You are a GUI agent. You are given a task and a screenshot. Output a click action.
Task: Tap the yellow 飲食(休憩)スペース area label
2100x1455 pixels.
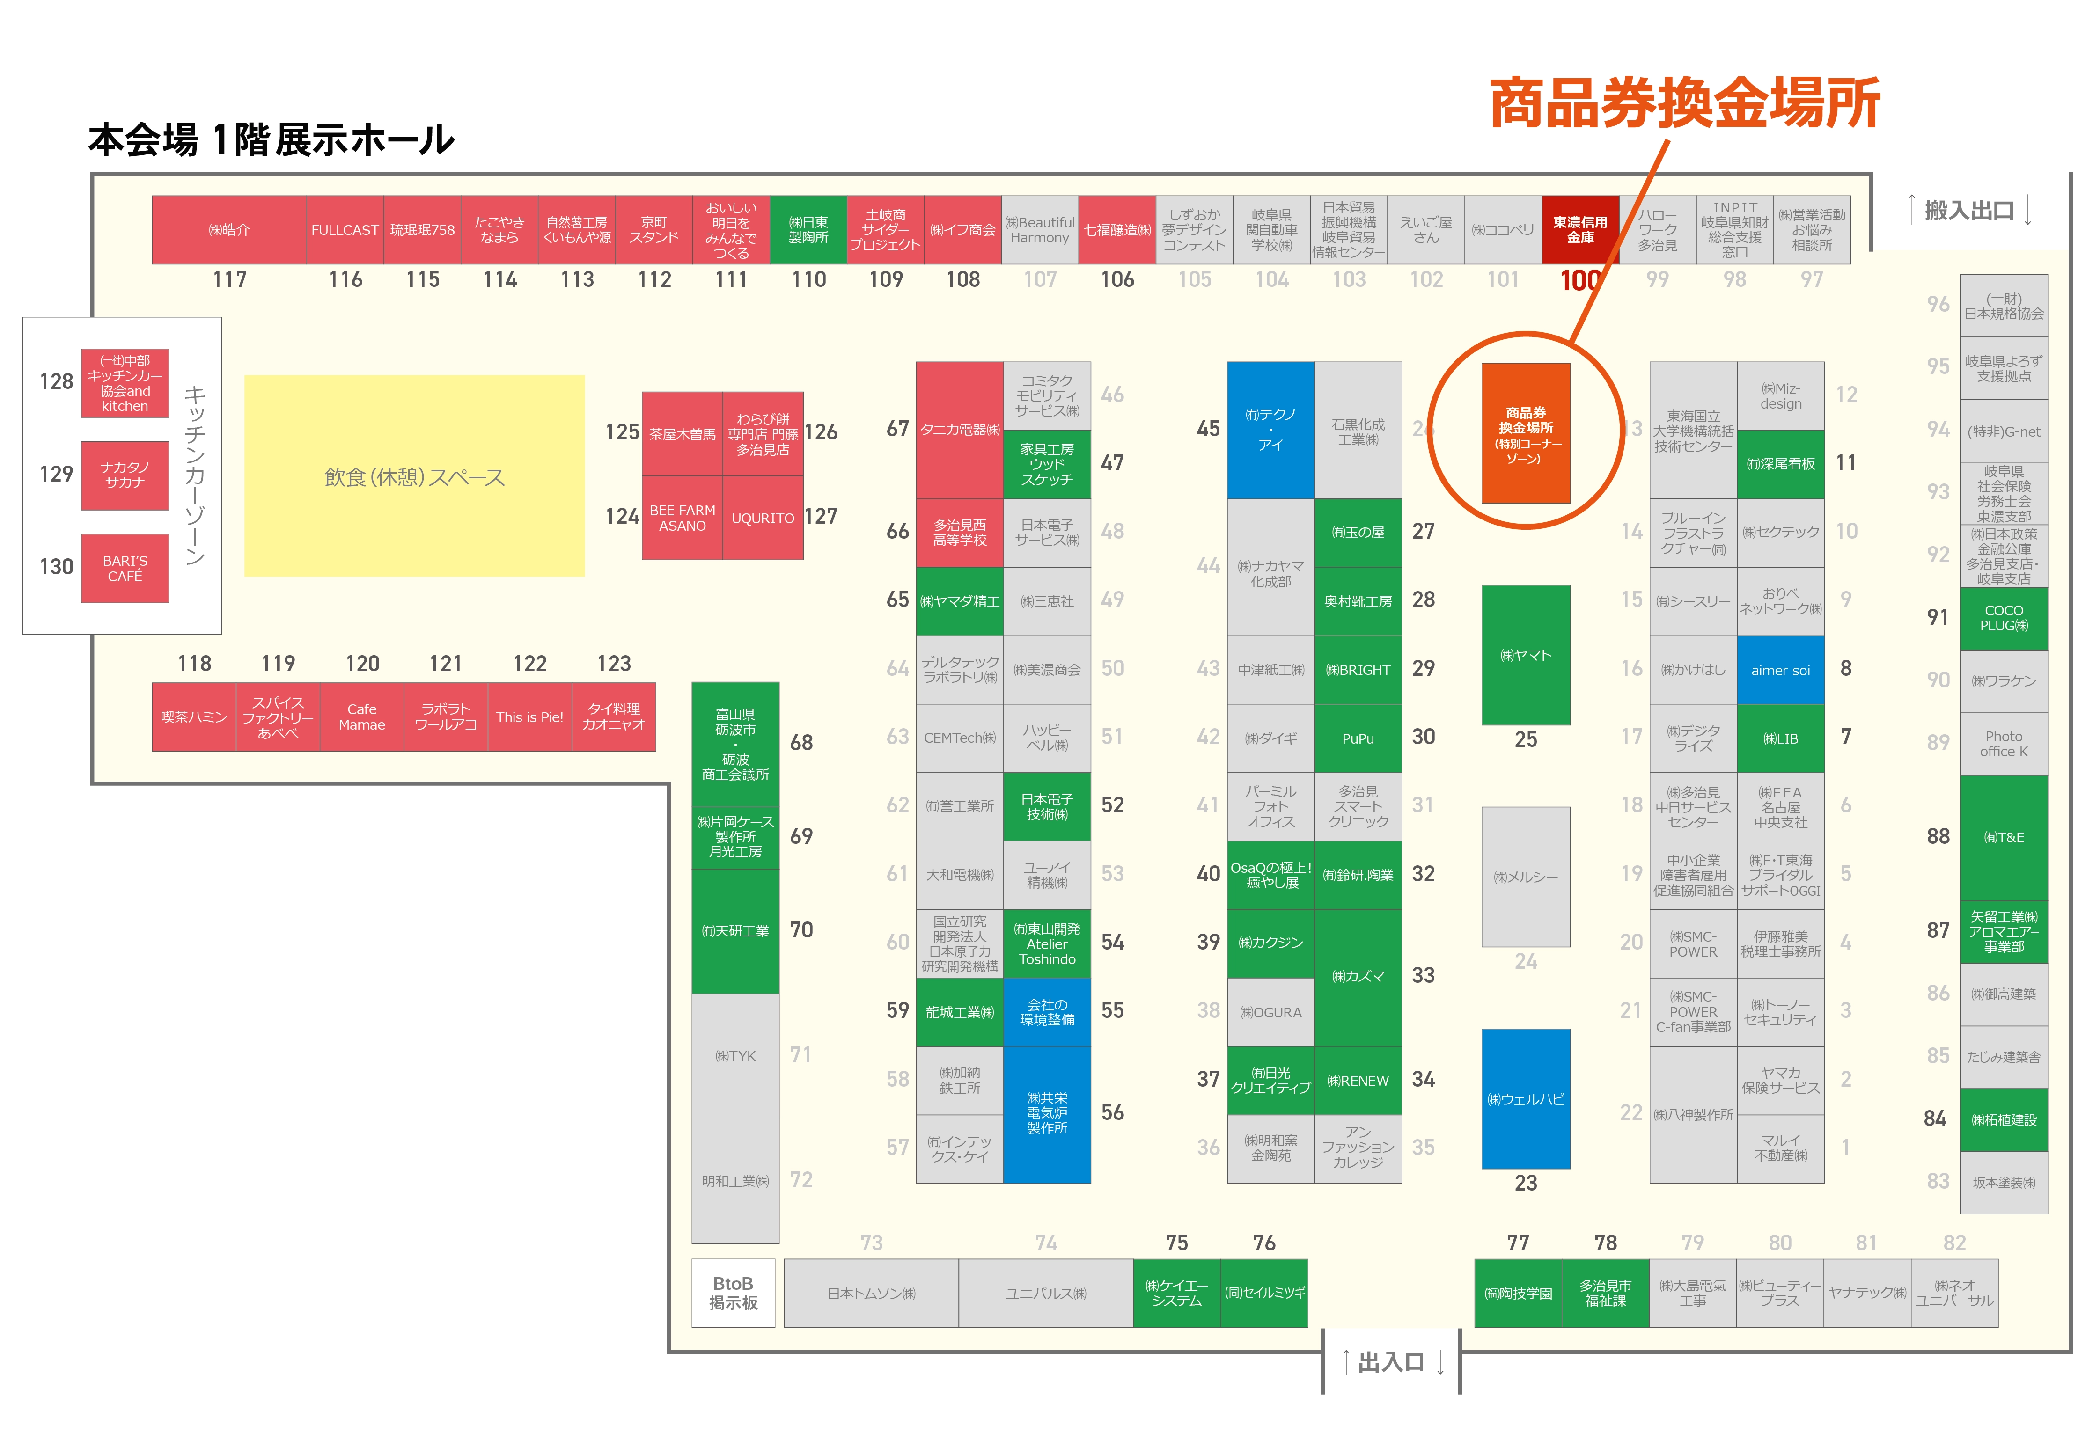pyautogui.click(x=414, y=477)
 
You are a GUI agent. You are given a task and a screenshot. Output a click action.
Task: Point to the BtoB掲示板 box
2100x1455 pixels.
pyautogui.click(x=733, y=1293)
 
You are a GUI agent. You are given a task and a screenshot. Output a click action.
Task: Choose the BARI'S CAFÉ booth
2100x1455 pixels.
pyautogui.click(x=125, y=568)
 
